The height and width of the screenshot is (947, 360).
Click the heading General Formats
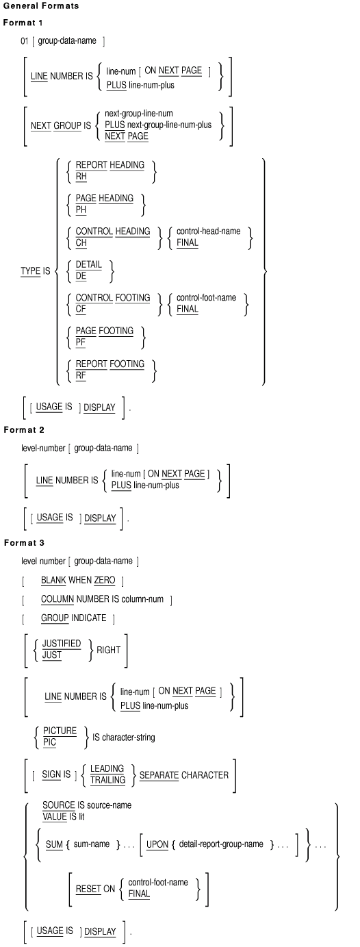[41, 6]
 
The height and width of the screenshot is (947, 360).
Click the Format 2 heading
[24, 429]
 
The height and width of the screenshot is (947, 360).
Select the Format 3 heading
[24, 542]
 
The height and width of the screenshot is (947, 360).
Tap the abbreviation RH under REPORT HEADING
[81, 176]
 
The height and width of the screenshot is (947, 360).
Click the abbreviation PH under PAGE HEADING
[81, 210]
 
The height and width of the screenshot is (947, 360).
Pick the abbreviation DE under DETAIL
[81, 276]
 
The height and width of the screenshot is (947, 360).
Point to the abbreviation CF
[81, 309]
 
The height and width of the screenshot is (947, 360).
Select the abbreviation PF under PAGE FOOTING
[81, 342]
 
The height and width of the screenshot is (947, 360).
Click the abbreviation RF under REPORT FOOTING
[81, 375]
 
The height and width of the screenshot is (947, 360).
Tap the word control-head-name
[208, 231]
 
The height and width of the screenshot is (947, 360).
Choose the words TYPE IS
[36, 270]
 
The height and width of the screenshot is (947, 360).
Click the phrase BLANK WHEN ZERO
[78, 580]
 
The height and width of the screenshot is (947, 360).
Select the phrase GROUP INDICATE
[73, 618]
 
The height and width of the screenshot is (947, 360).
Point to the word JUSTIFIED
[62, 643]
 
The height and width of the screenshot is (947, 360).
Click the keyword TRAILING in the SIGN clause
[108, 780]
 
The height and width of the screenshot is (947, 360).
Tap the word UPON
[157, 844]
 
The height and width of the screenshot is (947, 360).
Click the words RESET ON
[95, 889]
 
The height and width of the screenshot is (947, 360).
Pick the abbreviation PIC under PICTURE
[49, 742]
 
